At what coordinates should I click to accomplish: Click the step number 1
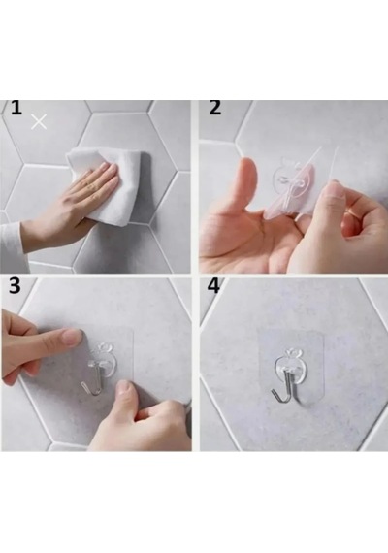click(x=16, y=108)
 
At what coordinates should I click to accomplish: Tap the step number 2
click(x=215, y=108)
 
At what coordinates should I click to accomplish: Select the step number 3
click(x=15, y=285)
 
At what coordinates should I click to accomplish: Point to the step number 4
click(x=213, y=285)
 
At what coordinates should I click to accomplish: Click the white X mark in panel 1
click(x=39, y=121)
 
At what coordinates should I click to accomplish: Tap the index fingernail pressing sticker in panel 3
click(x=74, y=338)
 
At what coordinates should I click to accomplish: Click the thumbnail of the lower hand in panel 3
click(x=123, y=388)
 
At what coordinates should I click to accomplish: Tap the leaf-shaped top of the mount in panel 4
click(x=294, y=353)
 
